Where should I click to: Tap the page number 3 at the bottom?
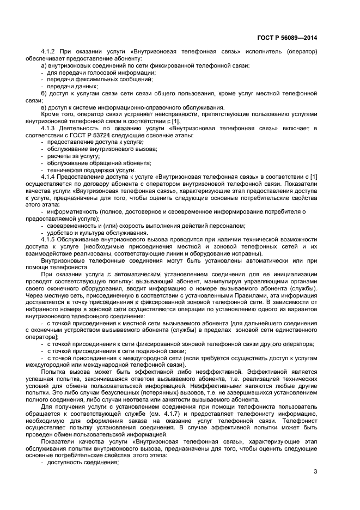[315, 472]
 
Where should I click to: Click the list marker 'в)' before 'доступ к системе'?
[44, 107]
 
